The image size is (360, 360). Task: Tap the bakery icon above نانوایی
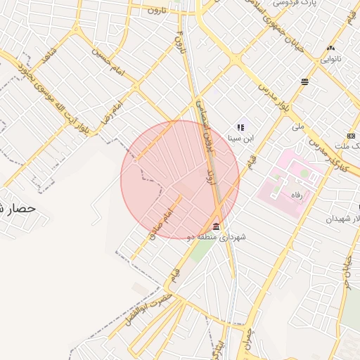point(330,48)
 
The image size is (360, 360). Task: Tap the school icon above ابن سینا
point(240,127)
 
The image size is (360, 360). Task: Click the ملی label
point(298,127)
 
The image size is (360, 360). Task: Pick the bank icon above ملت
point(351,136)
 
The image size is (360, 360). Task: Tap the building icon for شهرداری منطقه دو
point(215,227)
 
